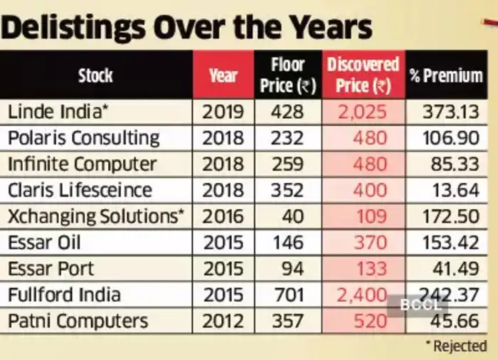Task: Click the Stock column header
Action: (95, 75)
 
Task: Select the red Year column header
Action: (223, 75)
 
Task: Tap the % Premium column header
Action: (446, 75)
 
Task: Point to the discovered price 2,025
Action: (363, 112)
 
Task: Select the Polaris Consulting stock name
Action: (83, 138)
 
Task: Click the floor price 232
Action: (287, 138)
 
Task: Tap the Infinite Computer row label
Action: (82, 164)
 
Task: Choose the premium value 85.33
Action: (453, 164)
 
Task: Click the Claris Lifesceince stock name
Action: (80, 191)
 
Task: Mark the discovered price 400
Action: (369, 191)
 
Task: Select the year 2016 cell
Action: (223, 216)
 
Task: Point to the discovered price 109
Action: (369, 216)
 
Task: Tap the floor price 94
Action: (287, 269)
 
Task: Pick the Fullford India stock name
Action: (64, 295)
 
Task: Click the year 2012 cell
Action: (223, 321)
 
